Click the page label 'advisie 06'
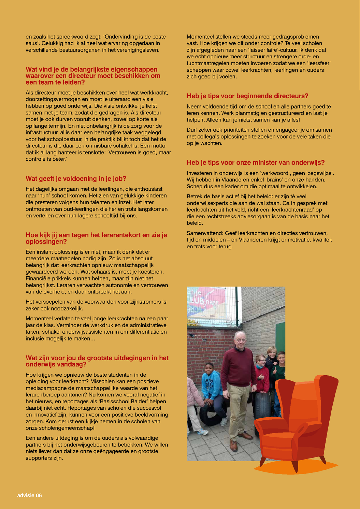pyautogui.click(x=29, y=495)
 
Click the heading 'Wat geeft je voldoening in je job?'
pyautogui.click(x=76, y=179)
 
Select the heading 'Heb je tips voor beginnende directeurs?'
pyautogui.click(x=247, y=96)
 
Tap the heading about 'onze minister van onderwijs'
pyautogui.click(x=256, y=163)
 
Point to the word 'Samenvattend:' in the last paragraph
pyautogui.click(x=204, y=233)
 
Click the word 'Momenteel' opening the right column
pyautogui.click(x=200, y=37)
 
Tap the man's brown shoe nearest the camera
pyautogui.click(x=234, y=445)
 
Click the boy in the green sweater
pyautogui.click(x=281, y=368)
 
